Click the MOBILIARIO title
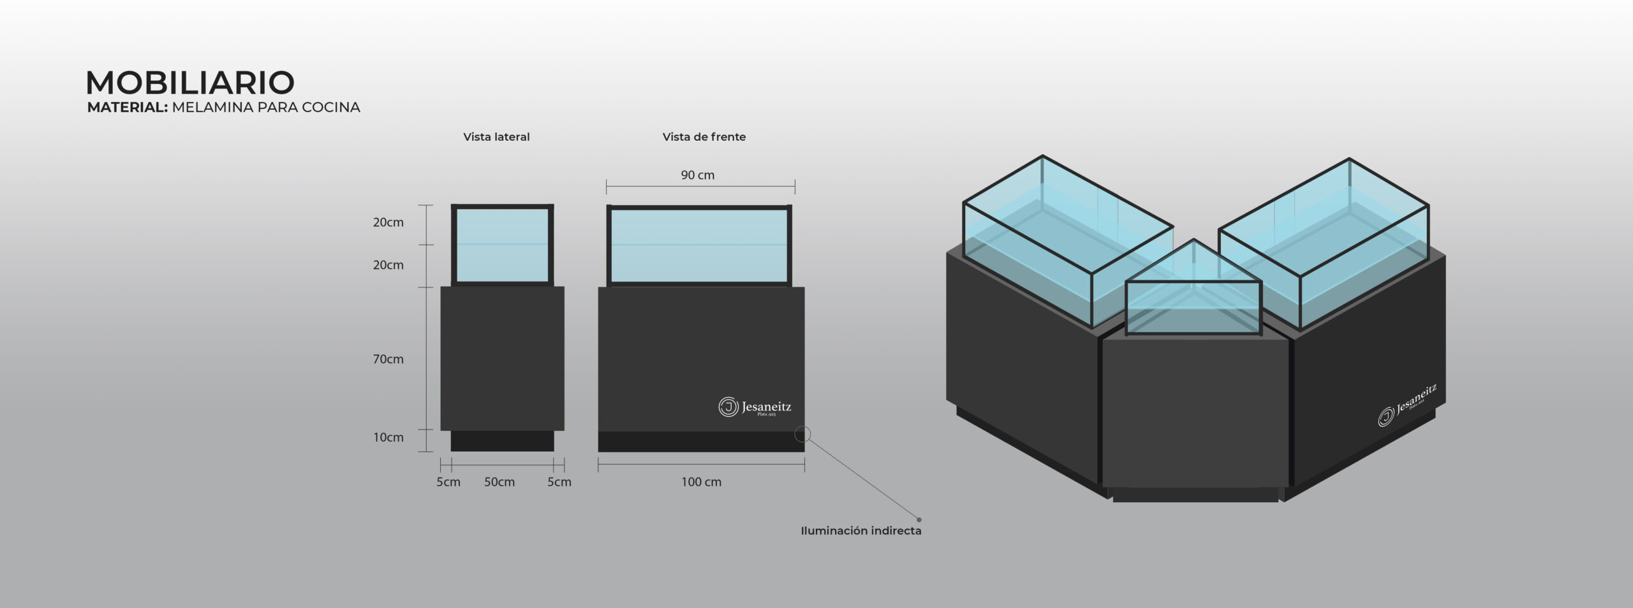pyautogui.click(x=190, y=83)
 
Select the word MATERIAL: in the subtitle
pyautogui.click(x=127, y=108)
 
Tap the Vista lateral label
pyautogui.click(x=496, y=137)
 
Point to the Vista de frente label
pyautogui.click(x=704, y=137)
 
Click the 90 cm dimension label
pyautogui.click(x=697, y=175)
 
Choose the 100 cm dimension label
pyautogui.click(x=701, y=482)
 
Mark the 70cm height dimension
pyautogui.click(x=388, y=359)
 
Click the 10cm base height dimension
pyautogui.click(x=388, y=438)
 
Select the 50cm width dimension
pyautogui.click(x=499, y=482)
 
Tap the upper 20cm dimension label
pyautogui.click(x=388, y=222)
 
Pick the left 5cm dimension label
pyautogui.click(x=448, y=482)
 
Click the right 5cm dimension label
pyautogui.click(x=559, y=482)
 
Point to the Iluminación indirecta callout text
pyautogui.click(x=861, y=531)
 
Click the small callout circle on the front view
pyautogui.click(x=802, y=435)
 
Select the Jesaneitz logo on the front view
pyautogui.click(x=755, y=407)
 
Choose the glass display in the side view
pyautogui.click(x=502, y=245)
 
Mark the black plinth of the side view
pyautogui.click(x=502, y=441)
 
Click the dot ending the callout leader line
pyautogui.click(x=919, y=519)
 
